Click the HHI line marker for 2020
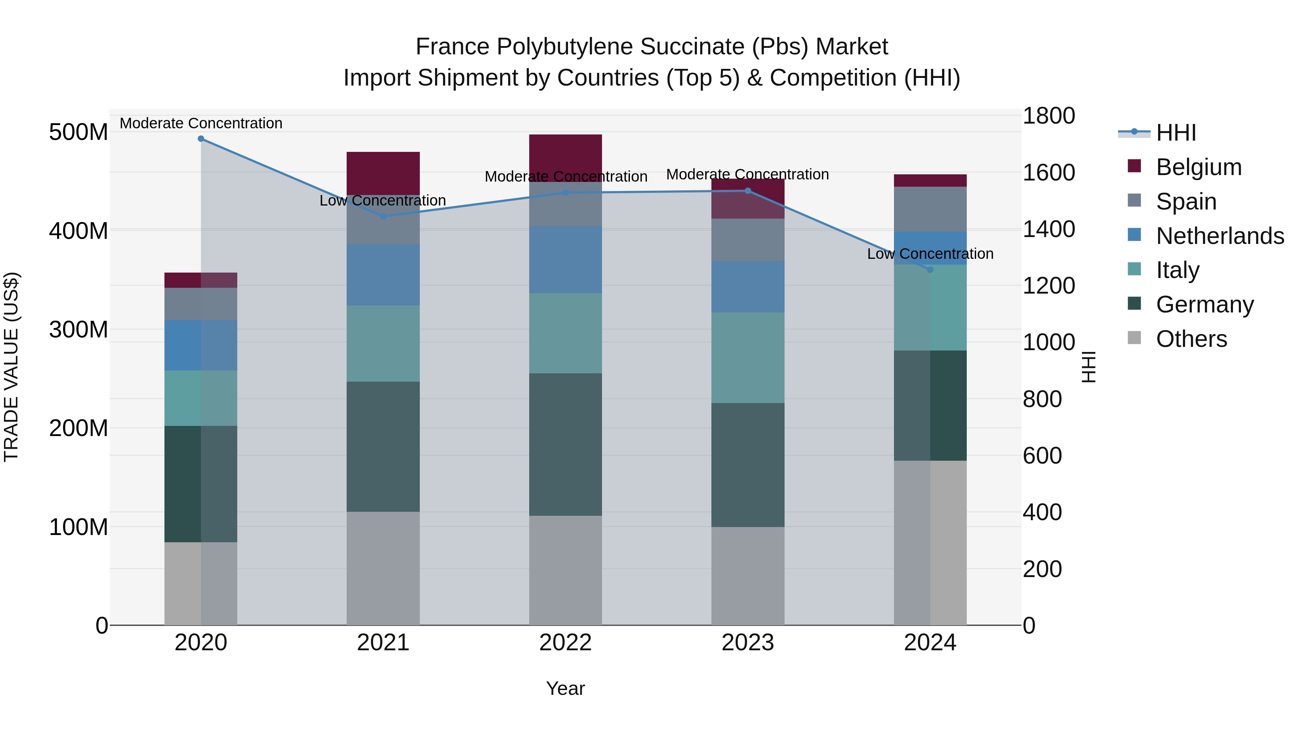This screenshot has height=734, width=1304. pos(201,139)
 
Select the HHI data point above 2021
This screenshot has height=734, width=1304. pos(383,217)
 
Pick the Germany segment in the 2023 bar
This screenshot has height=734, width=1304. pos(748,465)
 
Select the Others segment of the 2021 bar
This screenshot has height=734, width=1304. pos(383,568)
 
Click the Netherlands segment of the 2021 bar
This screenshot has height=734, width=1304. pos(383,275)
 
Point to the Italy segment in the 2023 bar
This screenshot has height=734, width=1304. pos(748,358)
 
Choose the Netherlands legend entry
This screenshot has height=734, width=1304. pos(1220,236)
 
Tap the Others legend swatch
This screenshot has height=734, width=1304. pos(1134,338)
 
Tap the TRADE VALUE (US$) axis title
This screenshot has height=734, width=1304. pos(11,367)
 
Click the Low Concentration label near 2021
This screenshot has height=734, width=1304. pos(383,200)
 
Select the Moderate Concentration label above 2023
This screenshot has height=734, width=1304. pos(747,175)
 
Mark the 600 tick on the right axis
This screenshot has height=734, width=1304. pos(1042,456)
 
